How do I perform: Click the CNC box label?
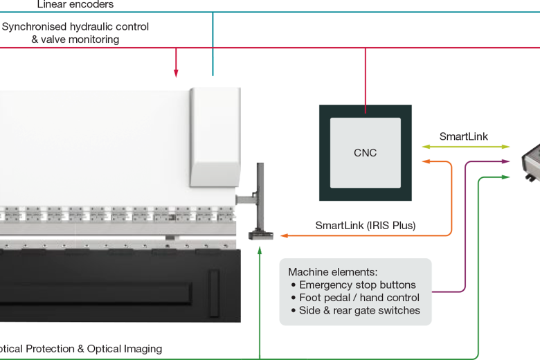365,153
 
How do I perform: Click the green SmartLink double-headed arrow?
465,147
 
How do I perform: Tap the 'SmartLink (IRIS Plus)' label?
365,225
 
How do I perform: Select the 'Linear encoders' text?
75,5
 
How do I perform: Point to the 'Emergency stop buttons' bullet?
357,285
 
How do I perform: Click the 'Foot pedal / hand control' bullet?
359,298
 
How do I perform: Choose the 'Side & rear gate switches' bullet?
359,311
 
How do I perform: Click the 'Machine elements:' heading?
333,272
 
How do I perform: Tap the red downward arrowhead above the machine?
176,73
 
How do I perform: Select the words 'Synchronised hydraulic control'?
75,27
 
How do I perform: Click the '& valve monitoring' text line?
75,39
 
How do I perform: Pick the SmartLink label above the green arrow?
463,136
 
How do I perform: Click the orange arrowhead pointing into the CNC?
426,162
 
